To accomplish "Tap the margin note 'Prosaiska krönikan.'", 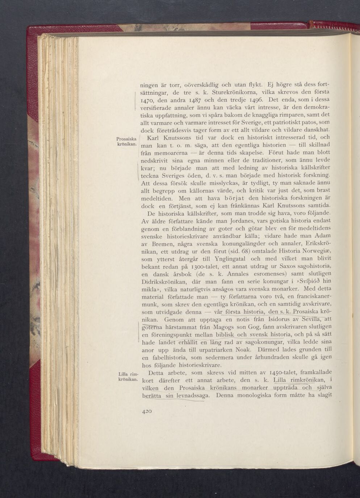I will (126, 141).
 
